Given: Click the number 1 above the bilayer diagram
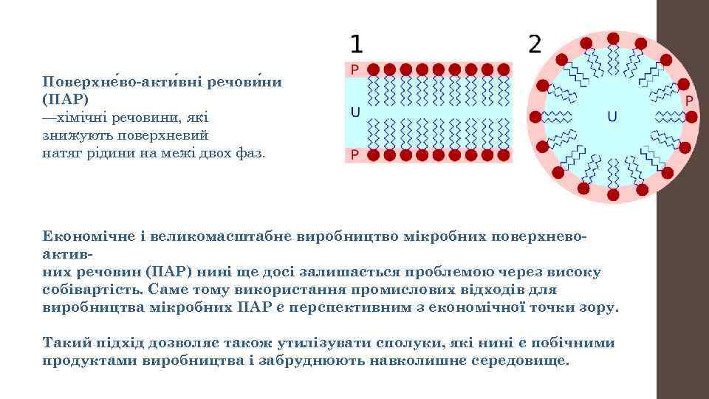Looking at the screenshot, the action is pyautogui.click(x=356, y=45).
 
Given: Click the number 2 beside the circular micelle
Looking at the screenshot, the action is pyautogui.click(x=535, y=45).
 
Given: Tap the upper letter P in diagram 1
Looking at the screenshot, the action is pyautogui.click(x=354, y=69).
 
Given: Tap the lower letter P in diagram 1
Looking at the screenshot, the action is pyautogui.click(x=354, y=155).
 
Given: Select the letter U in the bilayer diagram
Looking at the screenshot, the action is pyautogui.click(x=354, y=113).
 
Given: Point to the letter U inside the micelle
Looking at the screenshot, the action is pyautogui.click(x=612, y=116).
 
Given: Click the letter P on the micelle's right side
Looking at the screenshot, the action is pyautogui.click(x=689, y=100).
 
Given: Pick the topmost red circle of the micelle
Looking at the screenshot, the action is pyautogui.click(x=612, y=38).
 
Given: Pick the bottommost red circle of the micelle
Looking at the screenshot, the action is pyautogui.click(x=612, y=194).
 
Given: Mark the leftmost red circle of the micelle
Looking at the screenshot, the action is pyautogui.click(x=534, y=116).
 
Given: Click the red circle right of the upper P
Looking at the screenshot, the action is pyautogui.click(x=374, y=69).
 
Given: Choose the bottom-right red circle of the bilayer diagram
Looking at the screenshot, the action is pyautogui.click(x=505, y=155).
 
